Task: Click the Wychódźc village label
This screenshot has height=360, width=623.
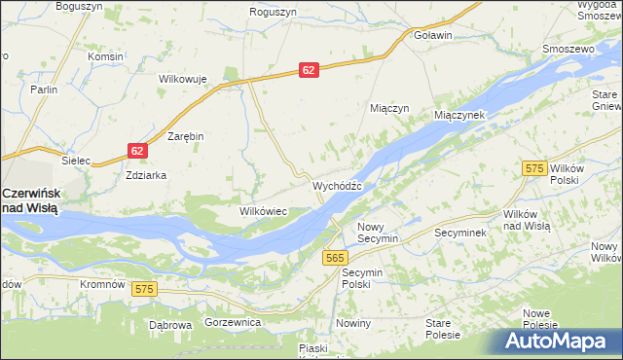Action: pyautogui.click(x=337, y=185)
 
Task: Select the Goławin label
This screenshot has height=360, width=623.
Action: pyautogui.click(x=434, y=35)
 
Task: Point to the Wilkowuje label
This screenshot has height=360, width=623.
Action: pyautogui.click(x=184, y=79)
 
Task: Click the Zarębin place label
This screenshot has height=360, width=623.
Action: pyautogui.click(x=186, y=136)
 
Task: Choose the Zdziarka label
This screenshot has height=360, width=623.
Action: pyautogui.click(x=146, y=175)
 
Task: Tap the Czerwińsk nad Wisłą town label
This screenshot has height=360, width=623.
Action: pyautogui.click(x=31, y=199)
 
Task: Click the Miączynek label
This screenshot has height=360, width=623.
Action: pyautogui.click(x=465, y=115)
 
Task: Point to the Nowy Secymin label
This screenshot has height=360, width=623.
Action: pyautogui.click(x=378, y=232)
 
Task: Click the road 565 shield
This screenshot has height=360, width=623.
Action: pyautogui.click(x=335, y=257)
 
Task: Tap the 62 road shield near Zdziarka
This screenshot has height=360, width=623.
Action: pyautogui.click(x=136, y=150)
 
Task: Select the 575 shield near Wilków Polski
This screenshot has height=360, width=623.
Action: pyautogui.click(x=531, y=168)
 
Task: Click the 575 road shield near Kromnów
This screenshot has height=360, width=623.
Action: pyautogui.click(x=145, y=289)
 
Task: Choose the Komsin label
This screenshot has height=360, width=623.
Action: pyautogui.click(x=104, y=56)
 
